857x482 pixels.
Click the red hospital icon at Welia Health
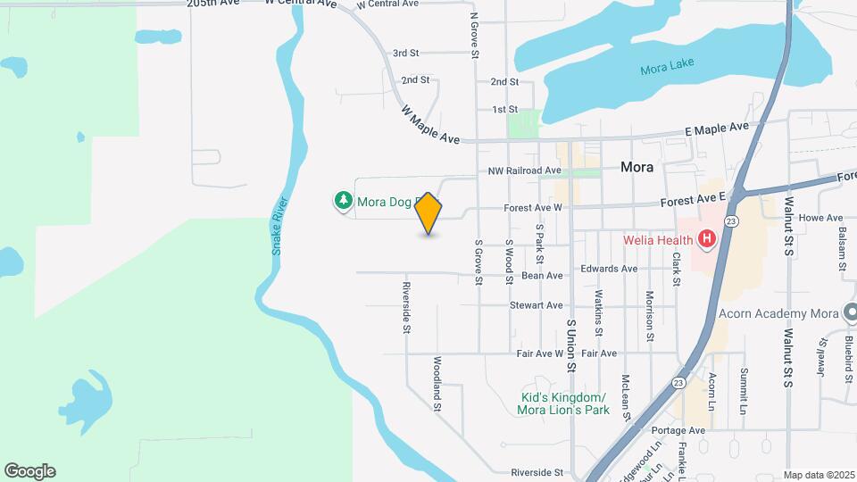(x=707, y=238)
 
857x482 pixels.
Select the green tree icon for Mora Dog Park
(x=343, y=202)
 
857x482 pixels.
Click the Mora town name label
(x=637, y=167)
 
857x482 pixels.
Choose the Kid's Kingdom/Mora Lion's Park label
(x=562, y=403)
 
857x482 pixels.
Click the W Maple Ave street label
(x=429, y=125)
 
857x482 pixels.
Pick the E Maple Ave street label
(x=717, y=129)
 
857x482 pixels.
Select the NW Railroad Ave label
(x=524, y=170)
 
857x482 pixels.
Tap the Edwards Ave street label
(x=609, y=268)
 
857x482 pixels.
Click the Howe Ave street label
(x=821, y=218)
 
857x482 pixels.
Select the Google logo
(x=29, y=471)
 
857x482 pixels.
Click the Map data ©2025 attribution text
(x=818, y=475)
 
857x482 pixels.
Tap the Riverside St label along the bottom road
(x=537, y=472)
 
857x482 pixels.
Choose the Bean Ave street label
(x=543, y=277)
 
